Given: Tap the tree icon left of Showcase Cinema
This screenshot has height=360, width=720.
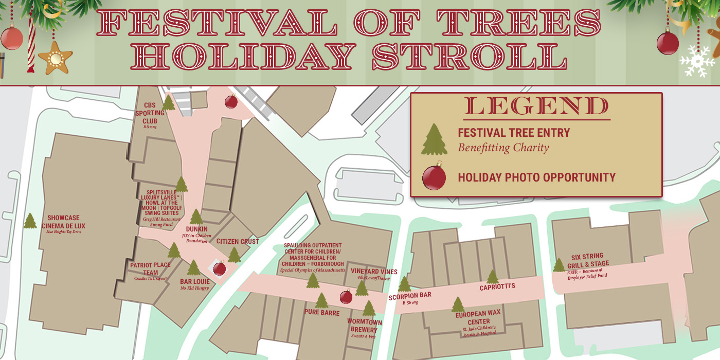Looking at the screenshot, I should pos(30,221).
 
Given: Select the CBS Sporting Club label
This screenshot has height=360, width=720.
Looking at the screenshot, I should pos(150,113).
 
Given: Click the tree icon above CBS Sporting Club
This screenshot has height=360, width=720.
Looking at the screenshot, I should pos(169,103).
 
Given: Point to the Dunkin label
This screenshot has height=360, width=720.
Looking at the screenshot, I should pos(196,229).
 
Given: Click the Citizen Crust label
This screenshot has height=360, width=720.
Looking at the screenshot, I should pos(238,241).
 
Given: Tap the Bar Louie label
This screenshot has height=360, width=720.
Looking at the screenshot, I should pos(195,281).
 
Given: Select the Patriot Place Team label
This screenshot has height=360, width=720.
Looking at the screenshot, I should pos(150,268).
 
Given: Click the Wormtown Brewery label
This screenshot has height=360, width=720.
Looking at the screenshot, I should pos(364,326).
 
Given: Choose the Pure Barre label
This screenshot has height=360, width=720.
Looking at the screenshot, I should pos(321,312).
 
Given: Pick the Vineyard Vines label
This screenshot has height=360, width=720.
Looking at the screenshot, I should pos(374,272).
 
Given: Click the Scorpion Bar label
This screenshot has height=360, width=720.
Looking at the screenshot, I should pos(410,296).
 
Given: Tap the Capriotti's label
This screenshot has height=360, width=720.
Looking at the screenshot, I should pos(497,287).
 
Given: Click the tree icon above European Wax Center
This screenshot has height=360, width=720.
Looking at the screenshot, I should pos(458,304).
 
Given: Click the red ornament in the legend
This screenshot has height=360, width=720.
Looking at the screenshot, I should pos(434,177).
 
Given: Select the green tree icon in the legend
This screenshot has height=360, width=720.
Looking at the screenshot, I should pos(434,139).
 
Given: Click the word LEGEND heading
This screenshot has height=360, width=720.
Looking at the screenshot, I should pos(536,106).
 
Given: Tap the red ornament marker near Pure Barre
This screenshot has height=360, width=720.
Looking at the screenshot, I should pos(346,296).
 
